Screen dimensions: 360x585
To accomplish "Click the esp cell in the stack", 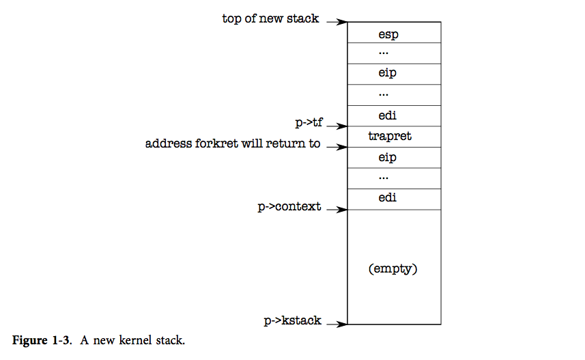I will tap(394, 33).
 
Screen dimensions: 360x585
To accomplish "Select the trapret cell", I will tap(394, 137).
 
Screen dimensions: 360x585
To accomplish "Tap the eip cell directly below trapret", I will tap(394, 158).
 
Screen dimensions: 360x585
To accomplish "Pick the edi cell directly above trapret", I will tap(394, 116).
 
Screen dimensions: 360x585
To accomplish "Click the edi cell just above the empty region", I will tap(394, 199).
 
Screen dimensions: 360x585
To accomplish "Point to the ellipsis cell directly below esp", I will tap(394, 53).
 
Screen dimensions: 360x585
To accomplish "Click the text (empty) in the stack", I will tap(393, 268).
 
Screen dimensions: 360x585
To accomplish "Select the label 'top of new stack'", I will tap(270, 19).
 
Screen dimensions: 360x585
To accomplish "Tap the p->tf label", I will tap(309, 123).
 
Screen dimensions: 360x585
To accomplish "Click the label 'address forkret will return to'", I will tap(233, 144).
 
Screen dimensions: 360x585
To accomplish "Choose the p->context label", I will tap(289, 206).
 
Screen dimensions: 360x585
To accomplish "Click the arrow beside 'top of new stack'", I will tap(337, 22).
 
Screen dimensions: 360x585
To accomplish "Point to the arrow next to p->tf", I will tap(337, 126).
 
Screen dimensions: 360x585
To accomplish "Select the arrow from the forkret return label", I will tap(337, 147).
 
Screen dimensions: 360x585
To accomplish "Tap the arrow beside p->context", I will tap(337, 210).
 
